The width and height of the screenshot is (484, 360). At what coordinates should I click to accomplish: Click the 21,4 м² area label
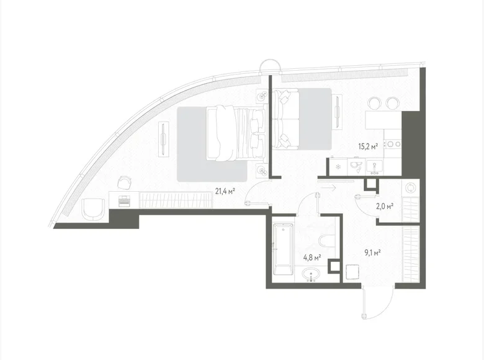(x=225, y=191)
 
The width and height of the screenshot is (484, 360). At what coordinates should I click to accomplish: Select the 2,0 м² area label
(x=387, y=205)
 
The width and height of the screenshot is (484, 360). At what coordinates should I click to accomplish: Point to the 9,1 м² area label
(x=372, y=252)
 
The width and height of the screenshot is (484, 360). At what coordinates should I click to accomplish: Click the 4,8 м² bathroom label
(x=311, y=256)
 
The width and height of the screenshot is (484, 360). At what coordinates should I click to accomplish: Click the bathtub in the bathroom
(x=283, y=251)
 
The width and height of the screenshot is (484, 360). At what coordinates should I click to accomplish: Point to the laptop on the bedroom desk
(x=124, y=200)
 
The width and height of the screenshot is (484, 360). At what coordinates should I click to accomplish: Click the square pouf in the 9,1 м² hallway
(x=354, y=272)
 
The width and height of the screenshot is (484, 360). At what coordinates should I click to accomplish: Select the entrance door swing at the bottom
(x=376, y=304)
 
